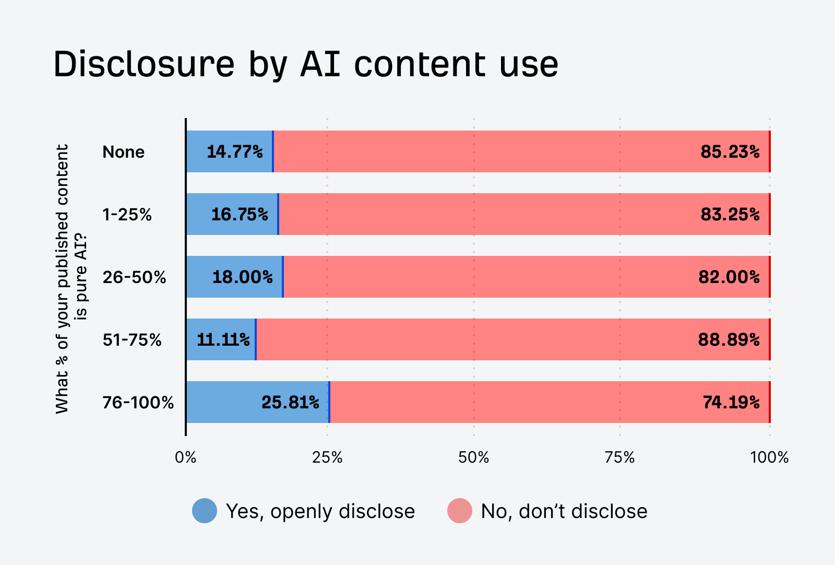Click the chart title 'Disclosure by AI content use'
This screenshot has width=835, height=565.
[306, 65]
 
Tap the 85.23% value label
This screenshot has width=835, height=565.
[730, 152]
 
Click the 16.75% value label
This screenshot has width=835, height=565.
[240, 215]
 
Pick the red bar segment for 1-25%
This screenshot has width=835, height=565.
[522, 214]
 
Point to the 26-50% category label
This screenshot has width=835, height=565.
[134, 277]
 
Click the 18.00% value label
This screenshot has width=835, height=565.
[242, 277]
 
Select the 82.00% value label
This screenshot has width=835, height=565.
[729, 277]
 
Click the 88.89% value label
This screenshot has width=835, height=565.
[729, 340]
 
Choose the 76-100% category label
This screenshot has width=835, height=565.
[138, 403]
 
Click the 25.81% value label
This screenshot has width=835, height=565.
[290, 403]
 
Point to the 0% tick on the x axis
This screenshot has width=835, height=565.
[186, 458]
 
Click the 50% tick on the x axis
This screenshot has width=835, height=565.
[473, 458]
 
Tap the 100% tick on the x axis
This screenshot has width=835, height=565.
[769, 458]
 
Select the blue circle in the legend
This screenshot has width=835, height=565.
[205, 511]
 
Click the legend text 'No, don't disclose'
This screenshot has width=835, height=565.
[564, 511]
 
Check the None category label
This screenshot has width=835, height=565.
[123, 152]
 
